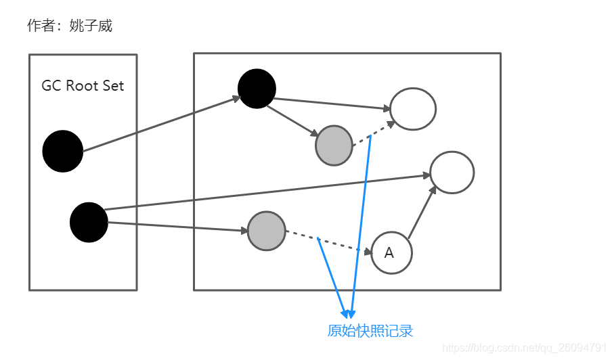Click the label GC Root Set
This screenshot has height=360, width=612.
click(x=83, y=86)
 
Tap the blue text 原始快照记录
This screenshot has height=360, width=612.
click(x=370, y=331)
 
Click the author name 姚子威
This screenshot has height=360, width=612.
click(x=91, y=26)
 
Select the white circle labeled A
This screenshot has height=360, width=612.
click(x=391, y=252)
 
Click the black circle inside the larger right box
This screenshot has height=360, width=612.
click(x=257, y=89)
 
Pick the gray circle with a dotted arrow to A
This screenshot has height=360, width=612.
click(x=267, y=231)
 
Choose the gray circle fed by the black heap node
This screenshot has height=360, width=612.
click(x=334, y=145)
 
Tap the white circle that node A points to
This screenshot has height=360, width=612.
click(x=452, y=172)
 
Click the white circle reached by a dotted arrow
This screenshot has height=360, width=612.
click(x=413, y=108)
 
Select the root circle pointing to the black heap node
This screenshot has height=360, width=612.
click(x=63, y=151)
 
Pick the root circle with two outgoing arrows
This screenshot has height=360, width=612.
click(x=89, y=222)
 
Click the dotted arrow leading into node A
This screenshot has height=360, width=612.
click(x=328, y=243)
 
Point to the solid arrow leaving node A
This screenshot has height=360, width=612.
click(x=421, y=213)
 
